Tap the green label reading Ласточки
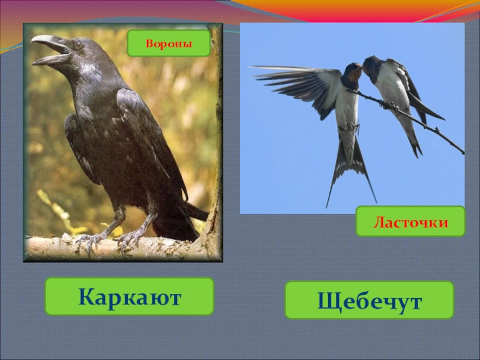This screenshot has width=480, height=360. tap(410, 221)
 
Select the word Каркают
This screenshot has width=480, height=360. tap(130, 296)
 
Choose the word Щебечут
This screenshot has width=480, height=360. tap(370, 300)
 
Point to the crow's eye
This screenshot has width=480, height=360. tap(77, 45)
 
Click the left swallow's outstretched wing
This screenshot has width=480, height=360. tap(294, 84)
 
